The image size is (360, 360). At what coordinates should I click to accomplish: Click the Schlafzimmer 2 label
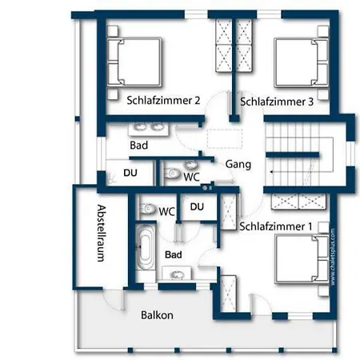163,101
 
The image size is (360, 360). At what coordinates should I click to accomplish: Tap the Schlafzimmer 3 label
277,102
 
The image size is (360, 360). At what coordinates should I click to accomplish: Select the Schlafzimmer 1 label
276,226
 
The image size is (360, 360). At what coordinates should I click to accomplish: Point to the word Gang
238,164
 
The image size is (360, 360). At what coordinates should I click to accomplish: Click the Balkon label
157,315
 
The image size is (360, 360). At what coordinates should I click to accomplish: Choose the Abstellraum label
101,234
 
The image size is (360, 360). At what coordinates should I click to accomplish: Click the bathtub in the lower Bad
146,247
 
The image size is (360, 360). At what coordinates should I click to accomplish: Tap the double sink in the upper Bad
148,128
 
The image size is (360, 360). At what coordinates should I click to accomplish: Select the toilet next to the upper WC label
172,174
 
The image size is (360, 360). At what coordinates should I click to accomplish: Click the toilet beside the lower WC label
148,209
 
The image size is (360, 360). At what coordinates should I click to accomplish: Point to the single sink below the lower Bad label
177,274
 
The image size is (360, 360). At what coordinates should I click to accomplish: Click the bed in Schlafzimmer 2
134,62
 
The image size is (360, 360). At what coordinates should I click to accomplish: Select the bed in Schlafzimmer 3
302,62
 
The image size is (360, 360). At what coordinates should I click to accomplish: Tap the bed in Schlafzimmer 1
302,258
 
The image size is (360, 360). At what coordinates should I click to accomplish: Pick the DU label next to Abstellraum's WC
197,206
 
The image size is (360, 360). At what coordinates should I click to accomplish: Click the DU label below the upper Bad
130,173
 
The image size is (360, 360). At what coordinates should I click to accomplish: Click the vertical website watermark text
333,257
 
